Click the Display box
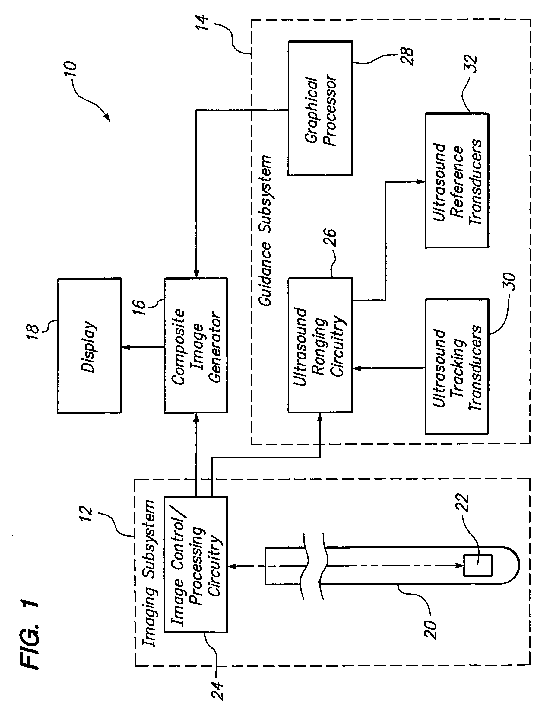click(x=89, y=346)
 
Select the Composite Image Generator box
click(x=196, y=346)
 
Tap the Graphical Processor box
click(x=320, y=108)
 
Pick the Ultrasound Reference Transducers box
click(x=457, y=181)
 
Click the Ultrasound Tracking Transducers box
click(x=457, y=367)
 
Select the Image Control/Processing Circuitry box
click(x=196, y=565)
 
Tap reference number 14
click(x=203, y=22)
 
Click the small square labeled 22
click(x=477, y=566)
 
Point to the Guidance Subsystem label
click(x=265, y=230)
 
